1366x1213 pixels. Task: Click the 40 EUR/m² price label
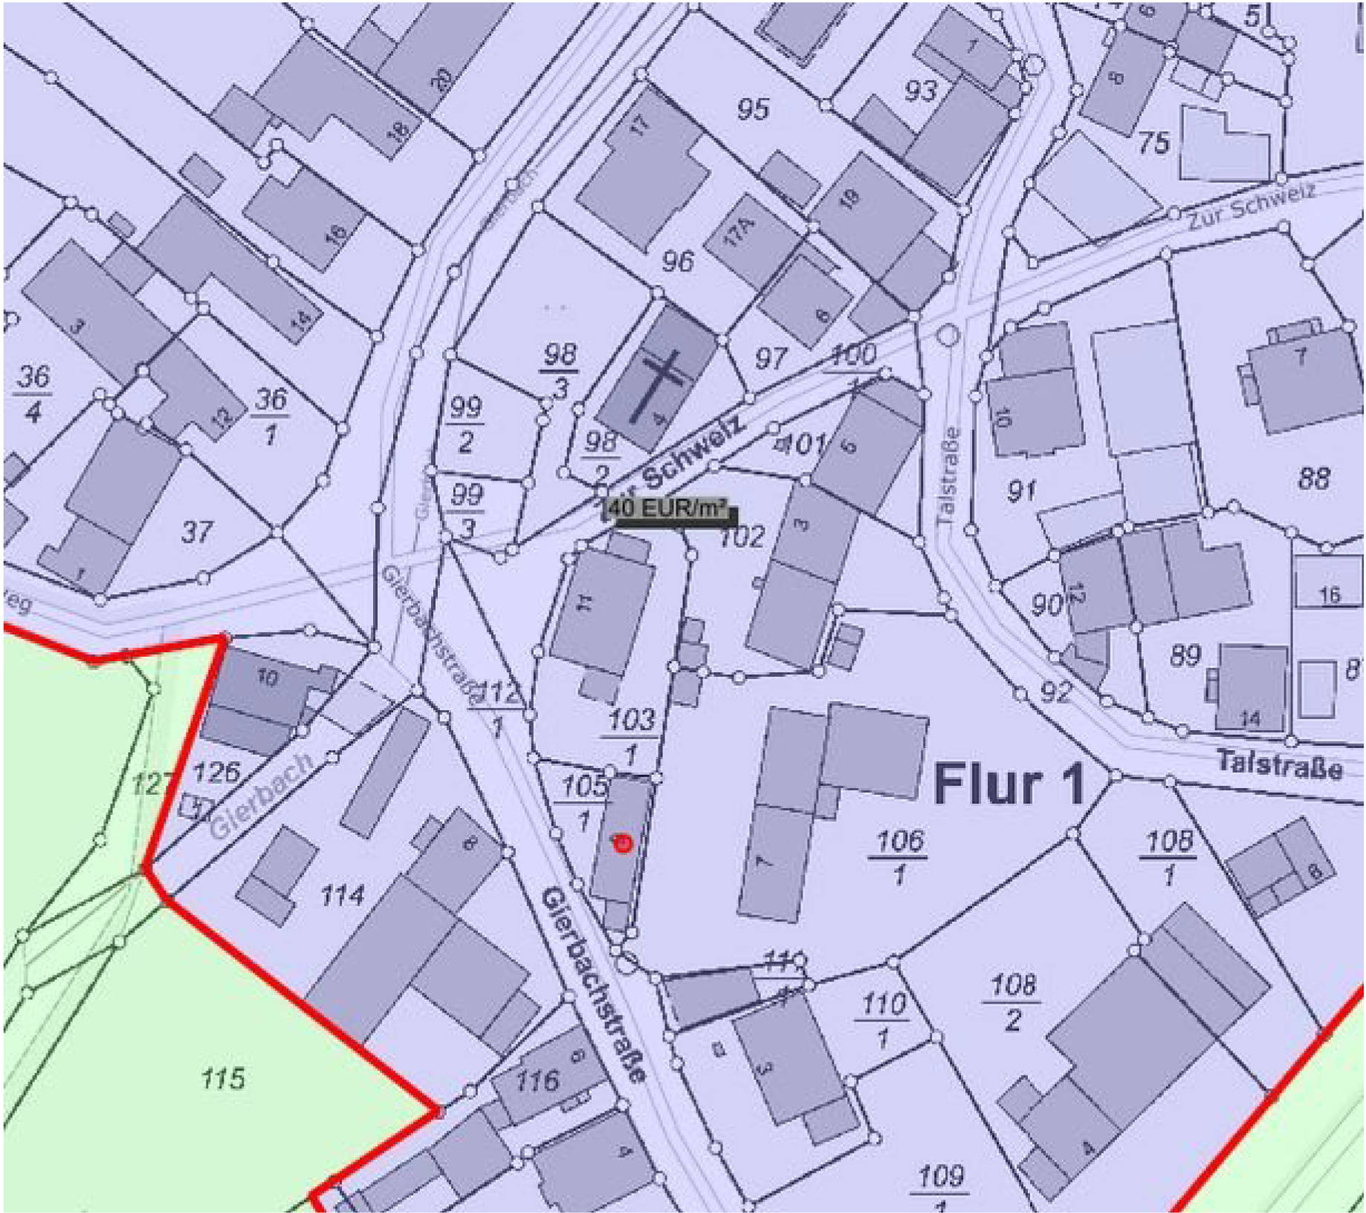click(671, 512)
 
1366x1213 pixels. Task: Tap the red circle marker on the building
click(623, 843)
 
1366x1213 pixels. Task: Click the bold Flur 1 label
click(1009, 784)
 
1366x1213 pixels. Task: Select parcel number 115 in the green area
click(223, 1077)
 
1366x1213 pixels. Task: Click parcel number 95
click(753, 110)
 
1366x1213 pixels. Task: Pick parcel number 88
click(1313, 478)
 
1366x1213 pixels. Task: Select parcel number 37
click(197, 532)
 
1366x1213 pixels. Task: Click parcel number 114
click(342, 896)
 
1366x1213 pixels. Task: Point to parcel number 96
click(678, 261)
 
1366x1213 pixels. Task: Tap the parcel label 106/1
click(899, 857)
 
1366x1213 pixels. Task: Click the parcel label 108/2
click(1013, 1002)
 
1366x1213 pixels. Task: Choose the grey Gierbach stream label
click(260, 797)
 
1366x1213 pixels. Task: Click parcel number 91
click(1022, 490)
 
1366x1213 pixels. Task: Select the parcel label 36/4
click(33, 394)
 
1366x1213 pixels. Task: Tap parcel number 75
click(1153, 143)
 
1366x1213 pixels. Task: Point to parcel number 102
click(742, 536)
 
